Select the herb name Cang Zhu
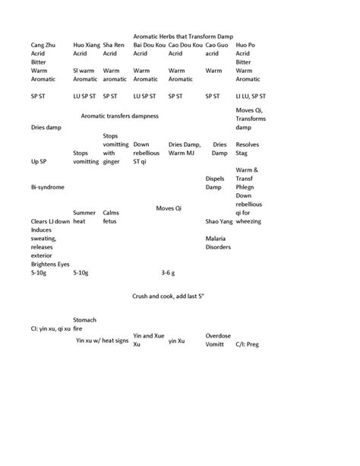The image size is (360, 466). [44, 46]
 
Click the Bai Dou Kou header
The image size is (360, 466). [148, 46]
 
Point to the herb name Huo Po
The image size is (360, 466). [245, 46]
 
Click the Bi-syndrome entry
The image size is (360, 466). [47, 186]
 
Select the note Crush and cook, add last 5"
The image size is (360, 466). [185, 299]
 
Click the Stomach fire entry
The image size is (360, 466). [84, 324]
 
